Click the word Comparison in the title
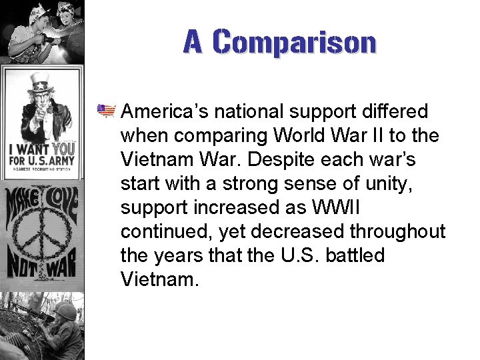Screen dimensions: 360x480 295,42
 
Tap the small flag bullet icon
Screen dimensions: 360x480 106,109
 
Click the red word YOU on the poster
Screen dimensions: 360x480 63,149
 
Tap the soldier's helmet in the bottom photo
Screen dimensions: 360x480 65,311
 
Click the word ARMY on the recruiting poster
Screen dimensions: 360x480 61,162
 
